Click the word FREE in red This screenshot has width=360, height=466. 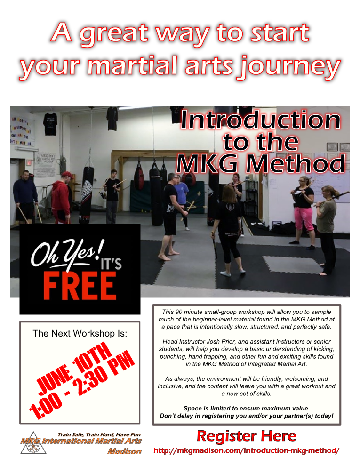80,286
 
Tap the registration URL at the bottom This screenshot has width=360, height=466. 246,450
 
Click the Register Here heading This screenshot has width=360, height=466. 246,436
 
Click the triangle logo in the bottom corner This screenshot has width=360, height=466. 33,443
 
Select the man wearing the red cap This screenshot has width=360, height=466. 62,197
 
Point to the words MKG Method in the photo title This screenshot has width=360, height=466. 261,163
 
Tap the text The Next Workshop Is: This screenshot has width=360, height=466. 80,333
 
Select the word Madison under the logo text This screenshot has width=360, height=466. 124,451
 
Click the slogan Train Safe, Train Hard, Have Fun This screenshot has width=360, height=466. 99,434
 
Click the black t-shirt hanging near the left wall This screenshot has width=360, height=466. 50,124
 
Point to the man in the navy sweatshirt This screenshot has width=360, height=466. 25,196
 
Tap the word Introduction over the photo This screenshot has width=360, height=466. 260,120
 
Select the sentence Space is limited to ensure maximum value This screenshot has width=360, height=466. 247,409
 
